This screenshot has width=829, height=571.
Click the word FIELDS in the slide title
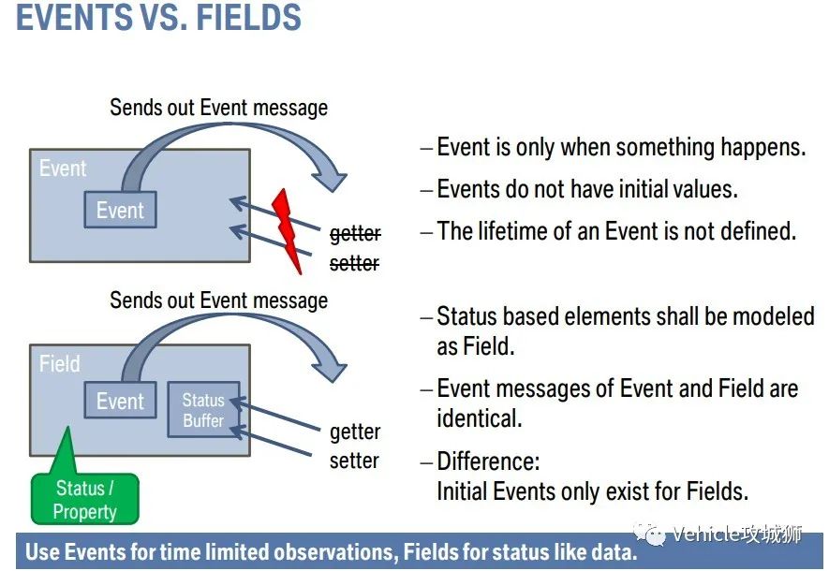pyautogui.click(x=249, y=17)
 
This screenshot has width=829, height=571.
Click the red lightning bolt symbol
pyautogui.click(x=287, y=231)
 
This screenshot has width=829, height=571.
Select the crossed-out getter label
pyautogui.click(x=355, y=234)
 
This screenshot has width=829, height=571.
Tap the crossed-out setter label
pyautogui.click(x=354, y=262)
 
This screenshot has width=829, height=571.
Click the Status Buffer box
pyautogui.click(x=203, y=409)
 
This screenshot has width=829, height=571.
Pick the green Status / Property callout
pyautogui.click(x=84, y=499)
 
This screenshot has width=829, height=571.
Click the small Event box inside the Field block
pyautogui.click(x=120, y=401)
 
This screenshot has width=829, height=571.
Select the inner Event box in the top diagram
pyautogui.click(x=120, y=210)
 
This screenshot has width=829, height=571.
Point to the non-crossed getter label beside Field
pyautogui.click(x=355, y=432)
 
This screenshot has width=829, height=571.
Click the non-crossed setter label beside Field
pyautogui.click(x=354, y=461)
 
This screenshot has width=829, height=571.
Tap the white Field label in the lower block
pyautogui.click(x=59, y=363)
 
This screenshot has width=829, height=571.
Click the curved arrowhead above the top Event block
pyautogui.click(x=328, y=179)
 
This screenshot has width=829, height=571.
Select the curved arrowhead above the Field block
pyautogui.click(x=328, y=369)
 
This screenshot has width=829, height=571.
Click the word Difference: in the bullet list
pyautogui.click(x=488, y=461)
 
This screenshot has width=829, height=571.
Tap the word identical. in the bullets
pyautogui.click(x=479, y=418)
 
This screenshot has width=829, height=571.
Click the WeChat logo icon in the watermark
pyautogui.click(x=649, y=534)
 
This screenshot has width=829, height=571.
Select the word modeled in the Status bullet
pyautogui.click(x=774, y=315)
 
